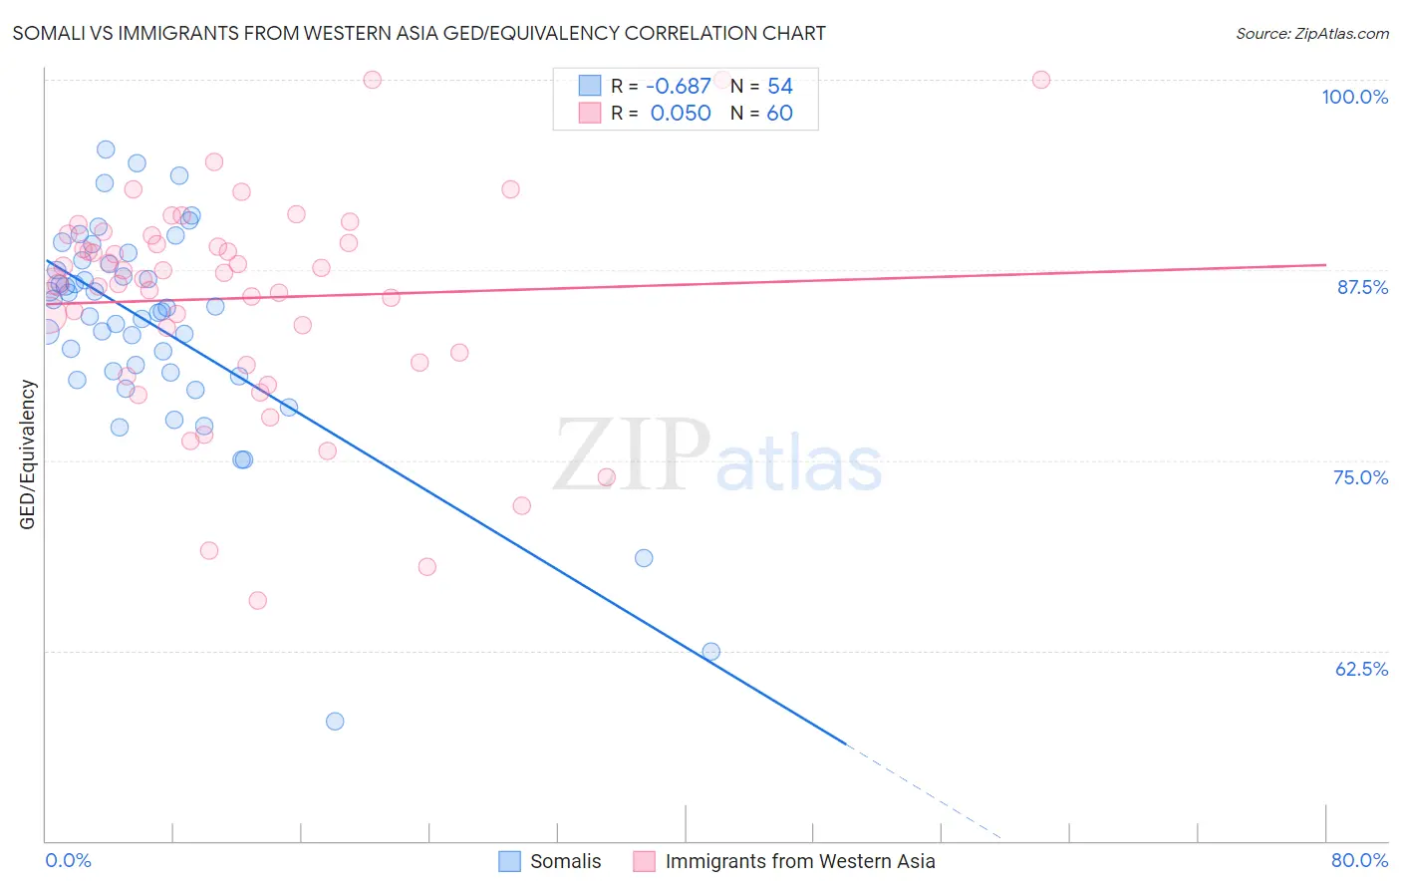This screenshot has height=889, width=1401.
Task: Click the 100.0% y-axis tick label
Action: coord(1354,97)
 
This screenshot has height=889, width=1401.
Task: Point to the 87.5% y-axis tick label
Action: coord(1362,287)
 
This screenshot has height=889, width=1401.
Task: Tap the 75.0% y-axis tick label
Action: coord(1360,477)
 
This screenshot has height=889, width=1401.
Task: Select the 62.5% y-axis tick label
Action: coord(1361,669)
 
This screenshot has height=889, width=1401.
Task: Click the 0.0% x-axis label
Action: coord(68,860)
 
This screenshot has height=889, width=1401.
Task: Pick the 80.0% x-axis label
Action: coord(1359,860)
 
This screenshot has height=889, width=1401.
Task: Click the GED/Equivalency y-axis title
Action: coord(28,454)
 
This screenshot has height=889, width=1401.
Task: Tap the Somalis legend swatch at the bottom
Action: coord(509,861)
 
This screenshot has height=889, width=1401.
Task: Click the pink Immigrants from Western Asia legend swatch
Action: coord(645,861)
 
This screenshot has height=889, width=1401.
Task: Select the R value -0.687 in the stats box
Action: coord(679,87)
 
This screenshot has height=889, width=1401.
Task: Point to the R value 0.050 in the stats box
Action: coord(681,114)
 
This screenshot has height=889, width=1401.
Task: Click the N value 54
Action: coord(779,87)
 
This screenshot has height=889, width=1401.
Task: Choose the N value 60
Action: coord(779,114)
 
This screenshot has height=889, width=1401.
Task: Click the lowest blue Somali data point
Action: coord(335,721)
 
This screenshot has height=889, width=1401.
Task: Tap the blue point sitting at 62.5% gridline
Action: coord(710,651)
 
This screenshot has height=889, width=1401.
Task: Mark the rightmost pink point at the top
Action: coord(1041,80)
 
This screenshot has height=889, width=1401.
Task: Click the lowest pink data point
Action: coord(257,600)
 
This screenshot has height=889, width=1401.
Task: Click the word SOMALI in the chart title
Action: coord(48,33)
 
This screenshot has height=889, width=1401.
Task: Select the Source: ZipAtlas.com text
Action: coord(1311,33)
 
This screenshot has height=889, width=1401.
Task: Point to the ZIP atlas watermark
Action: coord(717,456)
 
